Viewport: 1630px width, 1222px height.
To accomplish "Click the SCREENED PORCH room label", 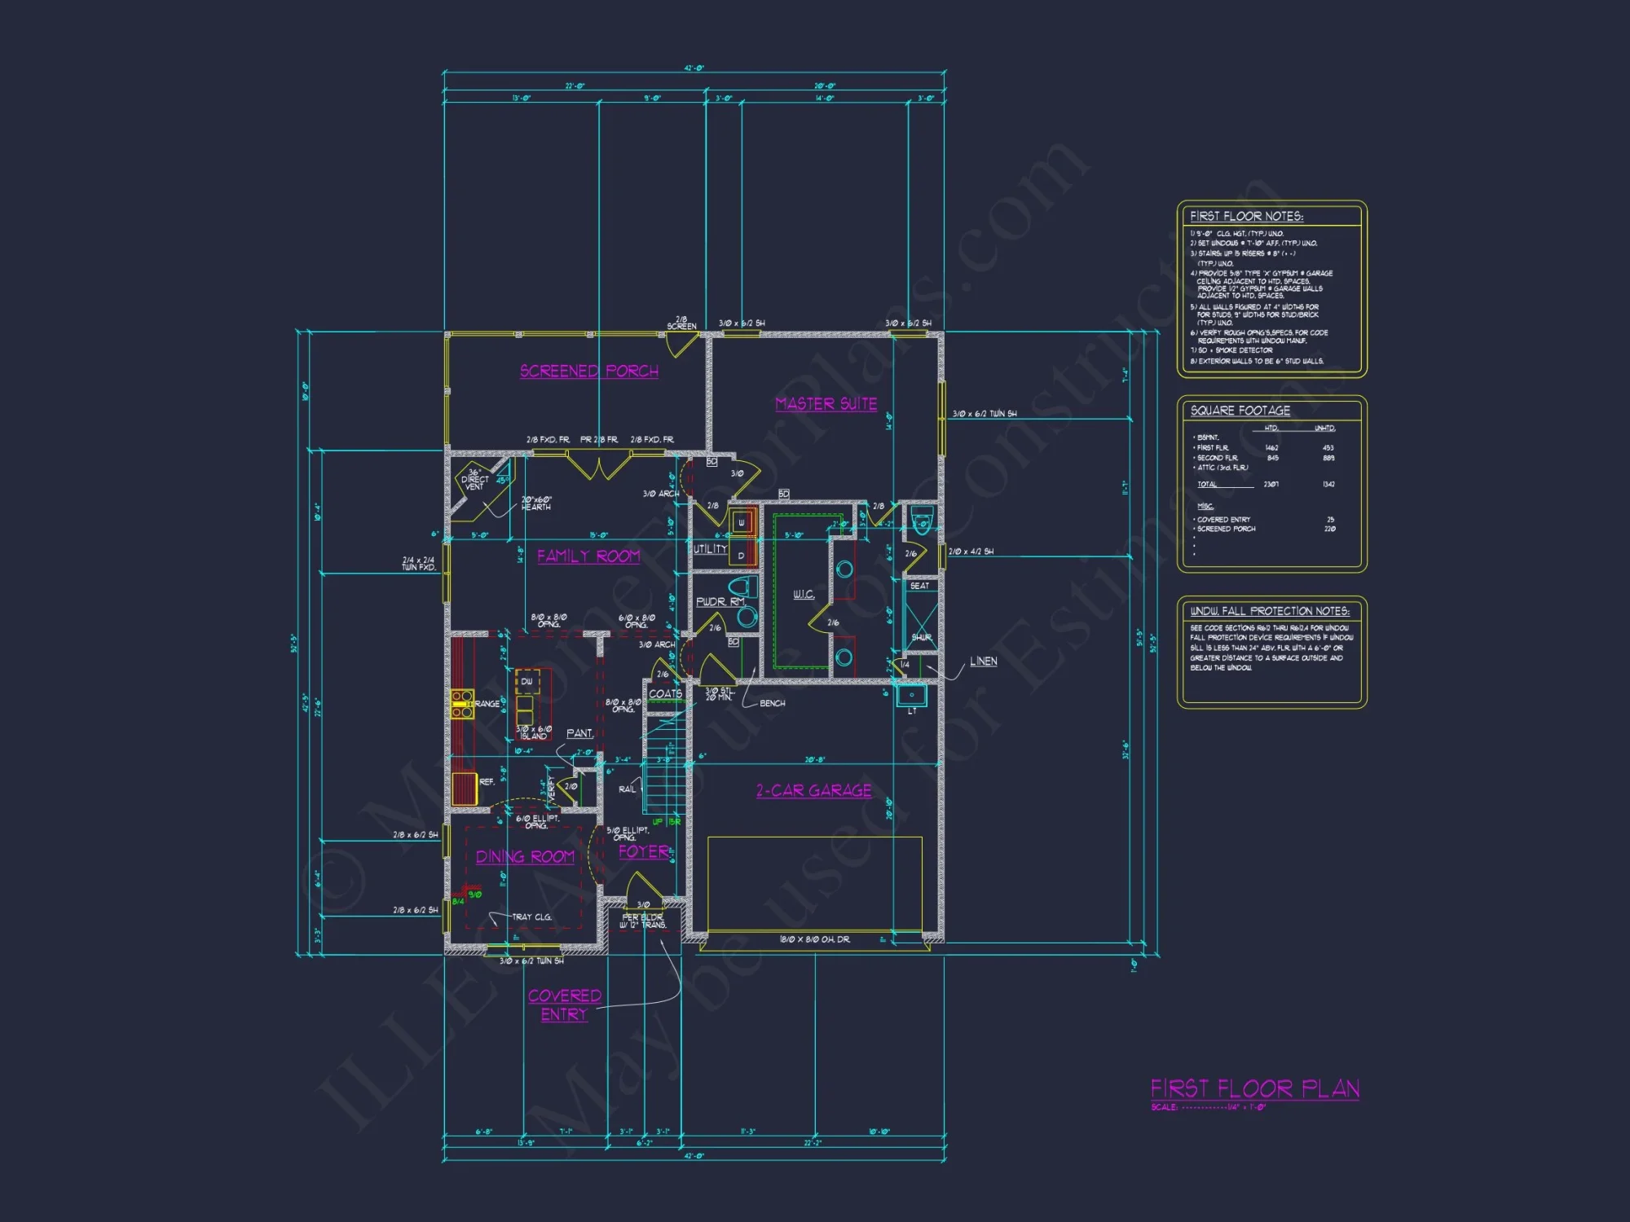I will (588, 371).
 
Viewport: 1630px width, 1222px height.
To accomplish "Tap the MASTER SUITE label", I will (826, 404).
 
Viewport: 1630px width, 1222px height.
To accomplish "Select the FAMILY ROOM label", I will (588, 556).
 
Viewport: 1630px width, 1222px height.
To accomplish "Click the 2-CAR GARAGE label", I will (813, 791).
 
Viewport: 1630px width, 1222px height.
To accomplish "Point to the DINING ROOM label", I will (525, 857).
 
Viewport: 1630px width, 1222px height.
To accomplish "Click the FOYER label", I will (644, 852).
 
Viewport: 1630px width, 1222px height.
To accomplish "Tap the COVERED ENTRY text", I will (564, 1005).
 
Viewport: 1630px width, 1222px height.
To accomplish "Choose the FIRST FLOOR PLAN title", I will (1254, 1089).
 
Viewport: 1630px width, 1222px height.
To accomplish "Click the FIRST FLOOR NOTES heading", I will (1246, 217).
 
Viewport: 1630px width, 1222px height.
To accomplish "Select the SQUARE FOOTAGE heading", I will (1240, 411).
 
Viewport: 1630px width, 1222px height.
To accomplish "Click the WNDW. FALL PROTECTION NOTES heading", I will (1269, 611).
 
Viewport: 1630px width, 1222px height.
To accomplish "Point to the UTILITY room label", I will (710, 549).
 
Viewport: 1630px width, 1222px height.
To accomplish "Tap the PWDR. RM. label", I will (720, 602).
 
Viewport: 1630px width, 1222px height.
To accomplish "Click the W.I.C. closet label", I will (804, 595).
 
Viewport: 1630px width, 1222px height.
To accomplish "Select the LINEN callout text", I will (983, 662).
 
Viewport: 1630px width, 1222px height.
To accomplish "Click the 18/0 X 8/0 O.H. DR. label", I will (814, 940).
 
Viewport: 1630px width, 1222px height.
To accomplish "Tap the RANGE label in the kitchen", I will (487, 704).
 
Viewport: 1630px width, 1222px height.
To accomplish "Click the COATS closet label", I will (665, 694).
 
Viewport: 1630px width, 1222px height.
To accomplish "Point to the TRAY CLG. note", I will (531, 917).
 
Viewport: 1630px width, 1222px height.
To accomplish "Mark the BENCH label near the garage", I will (772, 703).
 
